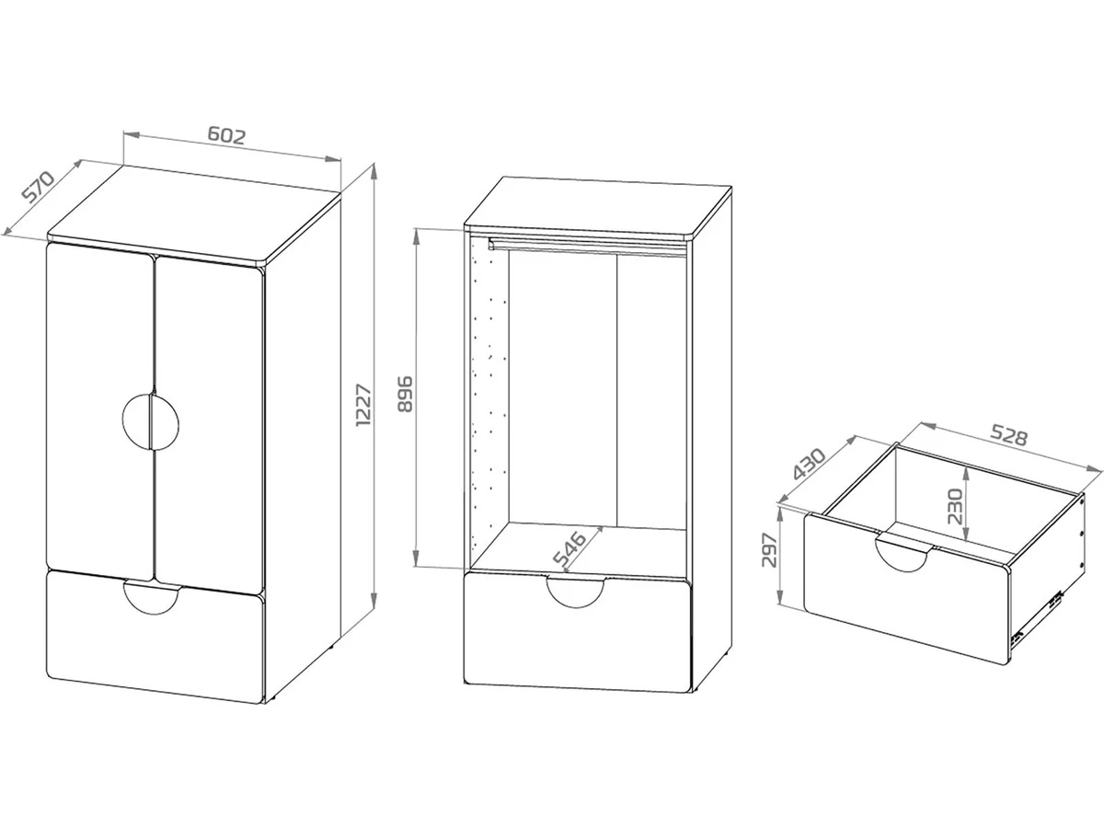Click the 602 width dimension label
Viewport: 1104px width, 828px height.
coord(226,136)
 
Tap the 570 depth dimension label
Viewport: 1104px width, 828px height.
coord(38,186)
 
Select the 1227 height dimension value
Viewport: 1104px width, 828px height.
coord(363,405)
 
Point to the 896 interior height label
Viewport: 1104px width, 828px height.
coord(405,394)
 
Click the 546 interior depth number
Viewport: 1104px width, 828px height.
coord(569,548)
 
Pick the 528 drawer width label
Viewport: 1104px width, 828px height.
coord(1008,435)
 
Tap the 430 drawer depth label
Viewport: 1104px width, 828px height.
coord(810,464)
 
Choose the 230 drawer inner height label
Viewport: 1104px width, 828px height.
coord(955,506)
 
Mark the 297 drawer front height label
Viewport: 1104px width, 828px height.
coord(770,550)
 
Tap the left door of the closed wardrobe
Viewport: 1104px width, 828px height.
coord(99,409)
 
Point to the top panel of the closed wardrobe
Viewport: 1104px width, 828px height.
coord(193,213)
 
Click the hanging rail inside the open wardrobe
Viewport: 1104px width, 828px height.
coord(588,247)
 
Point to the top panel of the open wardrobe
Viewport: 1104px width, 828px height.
coord(598,207)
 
